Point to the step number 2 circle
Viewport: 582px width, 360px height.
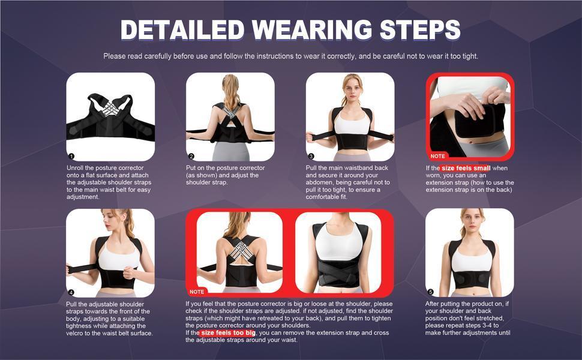[191, 156]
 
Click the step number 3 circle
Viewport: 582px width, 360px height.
[311, 156]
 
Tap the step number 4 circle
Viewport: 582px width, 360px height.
[71, 292]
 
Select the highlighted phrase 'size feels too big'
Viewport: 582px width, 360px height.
[228, 332]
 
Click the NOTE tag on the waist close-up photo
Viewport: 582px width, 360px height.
[439, 156]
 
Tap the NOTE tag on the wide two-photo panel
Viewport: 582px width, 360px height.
[197, 292]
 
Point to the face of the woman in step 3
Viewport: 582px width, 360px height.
[352, 86]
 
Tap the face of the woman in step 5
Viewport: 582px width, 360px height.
[471, 220]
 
